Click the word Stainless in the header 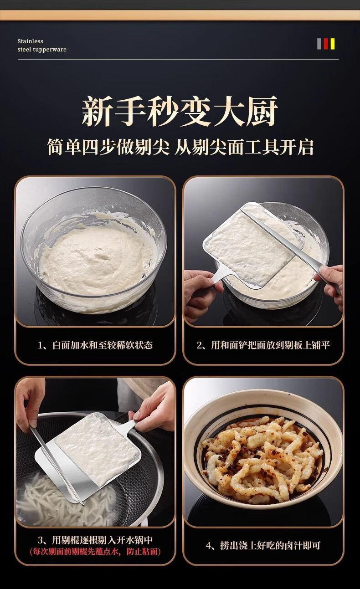30,41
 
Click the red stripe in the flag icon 326,44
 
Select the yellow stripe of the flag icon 332,44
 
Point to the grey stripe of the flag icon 319,44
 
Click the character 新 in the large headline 97,111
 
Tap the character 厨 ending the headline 262,111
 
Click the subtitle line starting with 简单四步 180,147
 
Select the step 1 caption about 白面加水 95,345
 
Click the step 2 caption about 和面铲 263,345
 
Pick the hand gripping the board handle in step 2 201,292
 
